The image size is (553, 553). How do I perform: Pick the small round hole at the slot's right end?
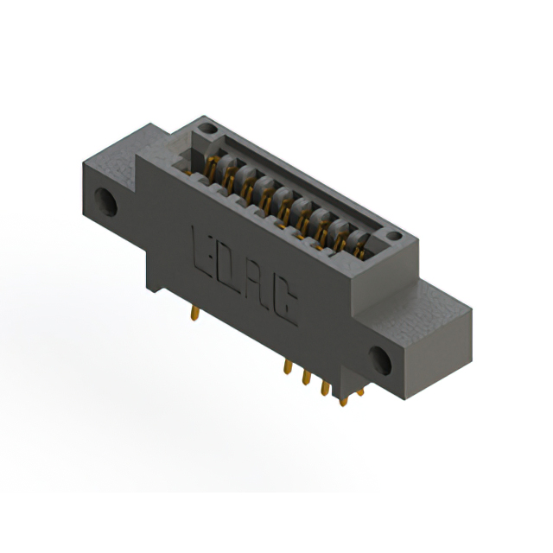coord(394,236)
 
